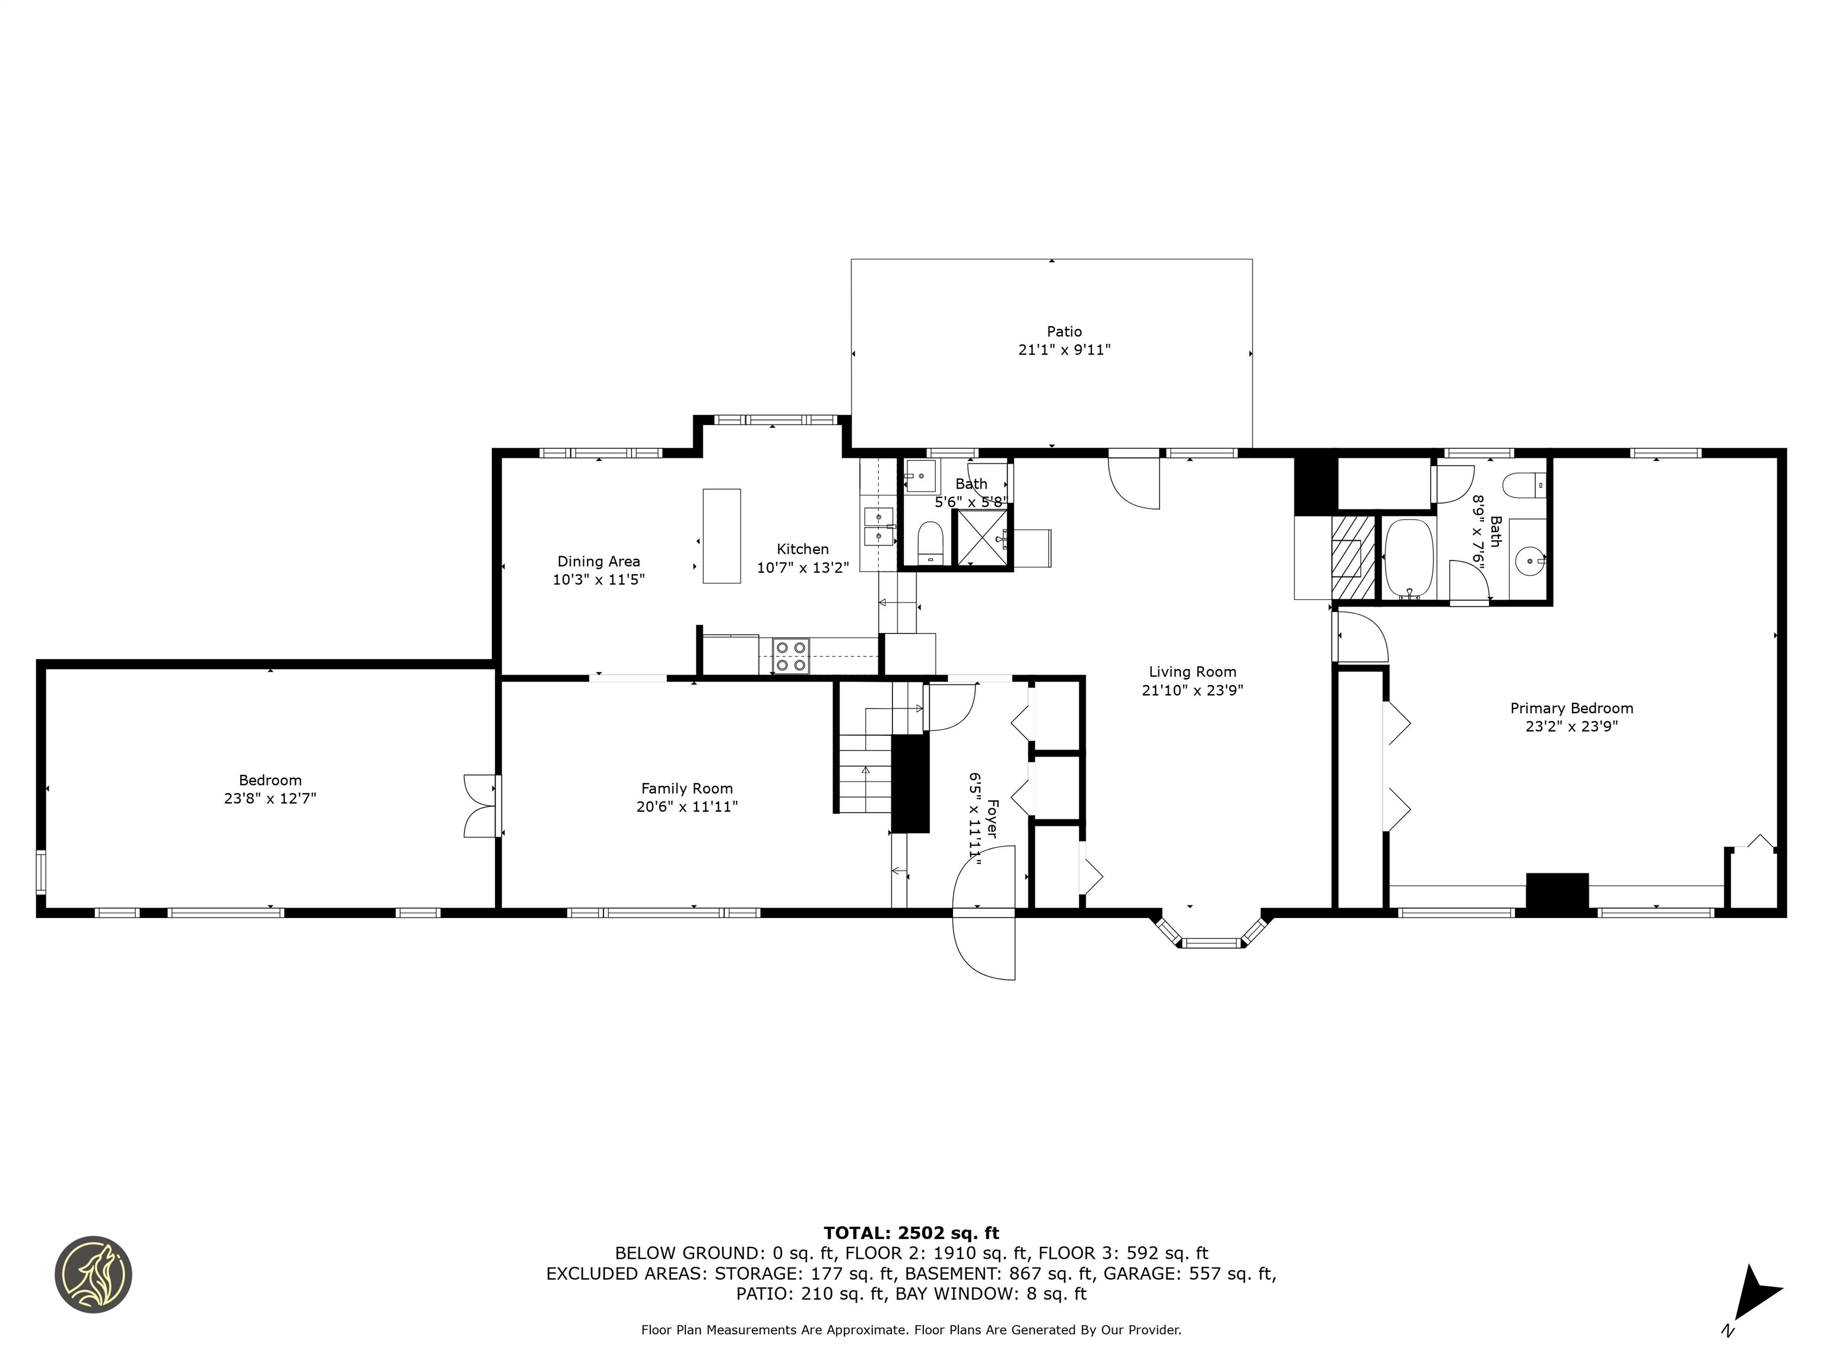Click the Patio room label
[1064, 331]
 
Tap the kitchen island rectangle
[721, 536]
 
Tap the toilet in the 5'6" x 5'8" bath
[930, 541]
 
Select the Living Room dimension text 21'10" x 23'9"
[1192, 690]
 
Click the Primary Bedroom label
[1571, 708]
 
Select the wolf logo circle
[93, 1274]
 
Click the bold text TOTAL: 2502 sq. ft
[911, 1233]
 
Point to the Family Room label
[687, 788]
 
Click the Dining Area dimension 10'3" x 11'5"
[598, 579]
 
